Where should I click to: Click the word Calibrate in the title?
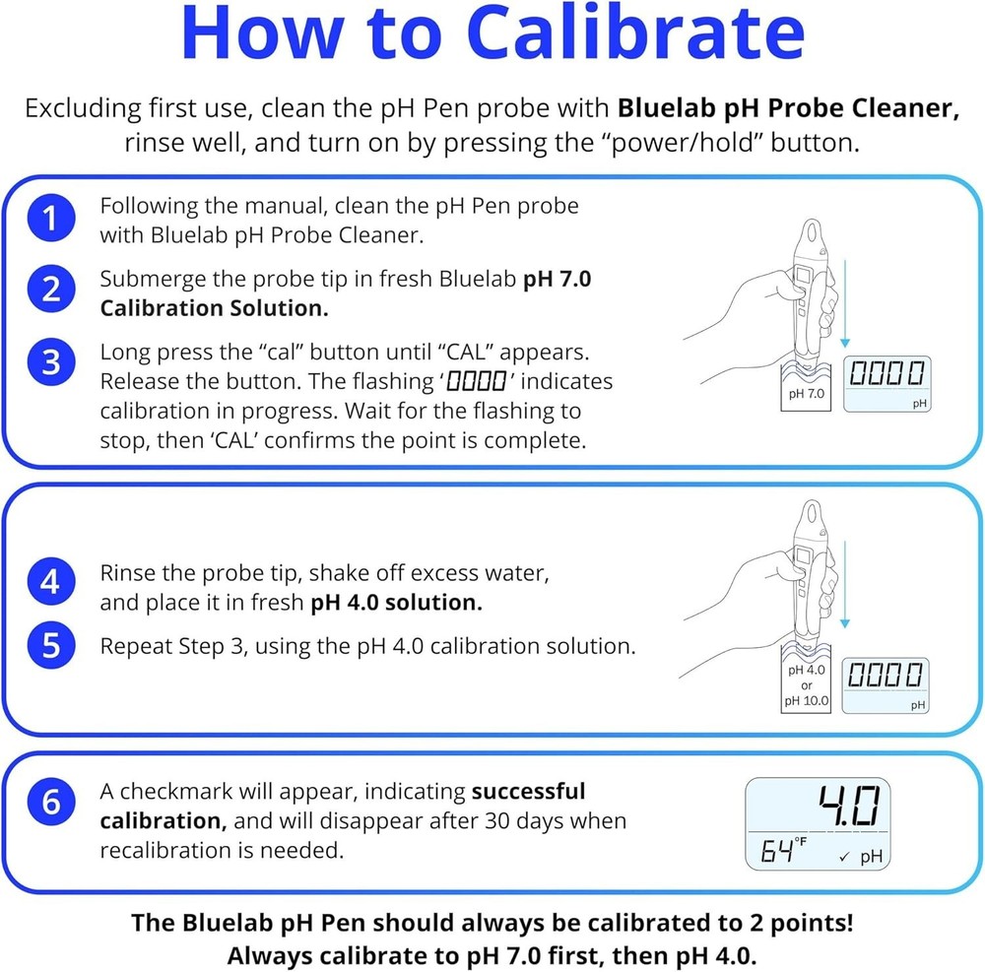pos(634,35)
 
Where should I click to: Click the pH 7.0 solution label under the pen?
pos(807,394)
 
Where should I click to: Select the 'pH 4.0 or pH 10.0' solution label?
pos(807,685)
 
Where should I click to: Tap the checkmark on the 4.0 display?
pos(844,858)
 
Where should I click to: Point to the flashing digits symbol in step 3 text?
pos(477,381)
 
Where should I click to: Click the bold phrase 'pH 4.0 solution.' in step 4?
pos(397,603)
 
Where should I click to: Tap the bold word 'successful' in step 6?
pos(528,791)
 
